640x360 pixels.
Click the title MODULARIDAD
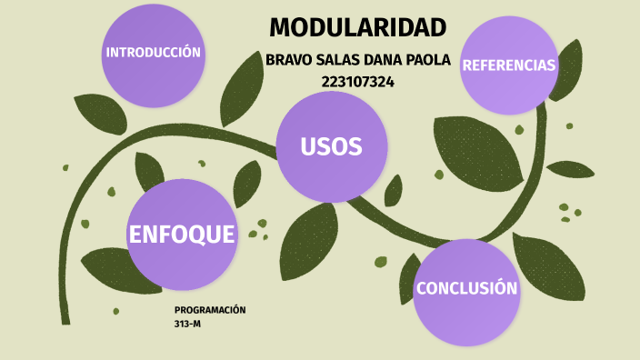(357, 27)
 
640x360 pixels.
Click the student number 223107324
(357, 82)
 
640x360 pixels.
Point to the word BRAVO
(286, 61)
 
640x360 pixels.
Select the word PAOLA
(431, 61)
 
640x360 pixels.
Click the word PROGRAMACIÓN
(210, 310)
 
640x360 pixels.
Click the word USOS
(332, 146)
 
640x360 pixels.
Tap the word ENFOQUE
(182, 235)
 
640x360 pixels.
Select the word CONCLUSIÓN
(466, 289)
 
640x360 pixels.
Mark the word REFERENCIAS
(508, 65)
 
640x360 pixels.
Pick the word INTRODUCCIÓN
(153, 53)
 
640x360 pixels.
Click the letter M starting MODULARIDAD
(281, 27)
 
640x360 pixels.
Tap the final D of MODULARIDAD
(436, 27)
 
